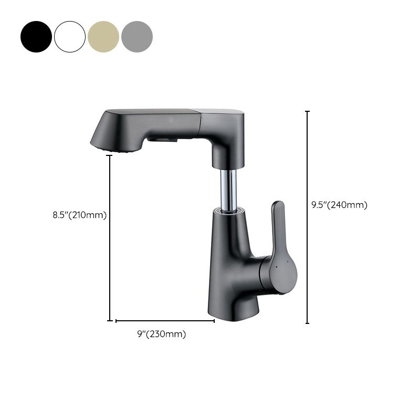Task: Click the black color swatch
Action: pyautogui.click(x=36, y=37)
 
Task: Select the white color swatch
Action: pyautogui.click(x=70, y=37)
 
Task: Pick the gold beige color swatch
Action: pyautogui.click(x=103, y=37)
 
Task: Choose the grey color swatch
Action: pyautogui.click(x=137, y=37)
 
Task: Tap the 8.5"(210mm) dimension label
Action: pyautogui.click(x=79, y=215)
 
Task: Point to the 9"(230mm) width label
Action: pyautogui.click(x=161, y=334)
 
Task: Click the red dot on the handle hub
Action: pyautogui.click(x=277, y=267)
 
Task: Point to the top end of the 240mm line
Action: pyautogui.click(x=307, y=112)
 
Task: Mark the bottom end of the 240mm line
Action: pyautogui.click(x=307, y=323)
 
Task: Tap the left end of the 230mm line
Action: pyautogui.click(x=116, y=321)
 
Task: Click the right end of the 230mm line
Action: pyautogui.click(x=214, y=321)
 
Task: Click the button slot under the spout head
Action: pyautogui.click(x=161, y=140)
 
